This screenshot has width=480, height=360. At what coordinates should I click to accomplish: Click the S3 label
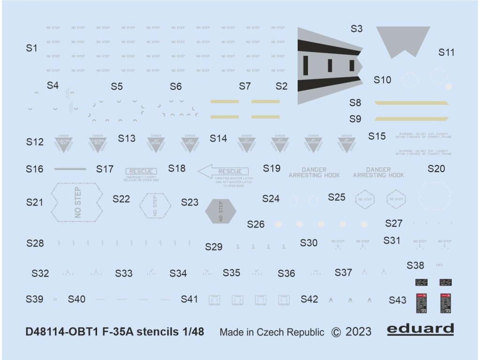357,29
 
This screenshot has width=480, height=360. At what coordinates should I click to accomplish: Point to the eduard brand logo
420,330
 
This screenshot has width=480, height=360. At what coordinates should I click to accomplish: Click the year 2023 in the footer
358,332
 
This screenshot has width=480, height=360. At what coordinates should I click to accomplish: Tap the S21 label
35,202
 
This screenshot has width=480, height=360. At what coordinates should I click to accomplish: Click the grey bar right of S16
70,169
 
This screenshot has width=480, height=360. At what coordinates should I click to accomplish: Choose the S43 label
397,300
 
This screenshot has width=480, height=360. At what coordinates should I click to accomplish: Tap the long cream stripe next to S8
411,103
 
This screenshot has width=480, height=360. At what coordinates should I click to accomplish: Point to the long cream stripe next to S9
411,119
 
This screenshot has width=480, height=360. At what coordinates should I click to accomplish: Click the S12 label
35,142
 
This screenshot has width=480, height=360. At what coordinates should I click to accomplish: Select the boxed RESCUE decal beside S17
141,172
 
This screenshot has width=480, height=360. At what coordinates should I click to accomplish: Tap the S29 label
214,247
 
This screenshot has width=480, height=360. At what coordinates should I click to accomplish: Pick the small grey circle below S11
449,86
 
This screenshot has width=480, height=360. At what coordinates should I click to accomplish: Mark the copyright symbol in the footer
336,332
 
